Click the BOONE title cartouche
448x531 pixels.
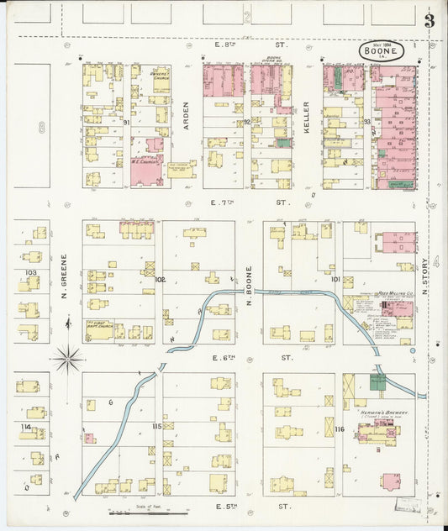[382, 51]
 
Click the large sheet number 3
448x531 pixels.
[430, 21]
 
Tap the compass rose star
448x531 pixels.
[67, 360]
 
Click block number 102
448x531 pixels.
[160, 278]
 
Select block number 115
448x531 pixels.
[156, 427]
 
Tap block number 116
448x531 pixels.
[339, 429]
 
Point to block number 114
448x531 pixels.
[27, 427]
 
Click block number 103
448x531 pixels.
[31, 273]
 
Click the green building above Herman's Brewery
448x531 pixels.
[377, 382]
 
